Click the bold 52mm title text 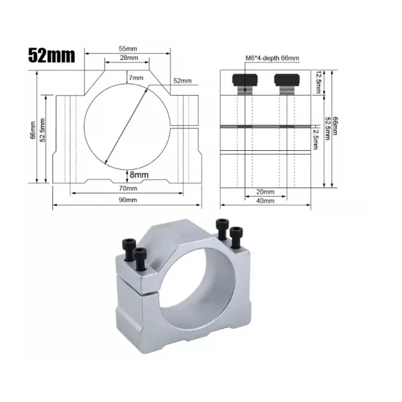click(x=52, y=55)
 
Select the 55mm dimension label click(x=128, y=48)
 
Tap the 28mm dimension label click(x=129, y=57)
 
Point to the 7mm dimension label click(x=136, y=77)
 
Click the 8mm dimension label click(x=139, y=174)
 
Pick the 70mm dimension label click(x=128, y=188)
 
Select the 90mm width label click(x=128, y=199)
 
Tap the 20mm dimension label click(x=265, y=192)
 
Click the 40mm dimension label click(x=265, y=200)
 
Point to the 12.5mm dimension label click(x=318, y=82)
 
